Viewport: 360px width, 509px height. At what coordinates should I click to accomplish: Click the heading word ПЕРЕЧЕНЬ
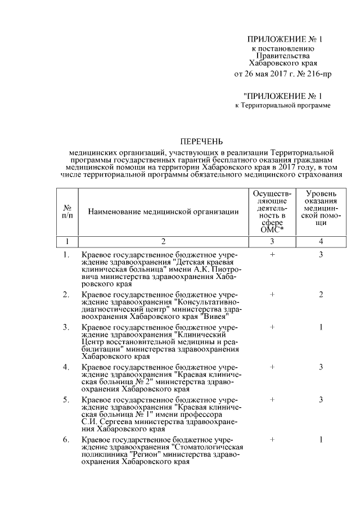point(201,140)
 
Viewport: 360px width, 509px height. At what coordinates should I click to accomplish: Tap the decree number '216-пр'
point(313,74)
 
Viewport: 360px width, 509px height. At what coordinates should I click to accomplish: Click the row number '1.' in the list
point(66,255)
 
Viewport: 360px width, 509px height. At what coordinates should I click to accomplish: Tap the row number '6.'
point(66,439)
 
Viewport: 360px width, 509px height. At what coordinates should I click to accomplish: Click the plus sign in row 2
point(272,294)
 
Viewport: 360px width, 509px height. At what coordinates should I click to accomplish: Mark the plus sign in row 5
point(272,399)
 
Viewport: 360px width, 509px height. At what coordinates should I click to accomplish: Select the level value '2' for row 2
point(321,294)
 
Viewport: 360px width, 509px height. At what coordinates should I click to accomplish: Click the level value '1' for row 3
point(321,327)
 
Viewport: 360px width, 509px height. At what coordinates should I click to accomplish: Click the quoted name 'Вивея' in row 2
point(187,316)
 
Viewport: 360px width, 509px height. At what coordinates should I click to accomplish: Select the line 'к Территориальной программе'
point(282,105)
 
